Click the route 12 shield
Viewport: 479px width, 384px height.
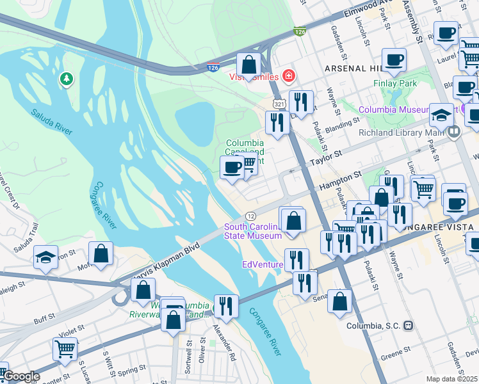(251, 216)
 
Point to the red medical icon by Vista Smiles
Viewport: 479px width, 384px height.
(289, 77)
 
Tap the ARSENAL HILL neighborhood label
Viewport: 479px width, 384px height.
(353, 68)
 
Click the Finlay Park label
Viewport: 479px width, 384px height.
(395, 84)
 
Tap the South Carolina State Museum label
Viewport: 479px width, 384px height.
(252, 231)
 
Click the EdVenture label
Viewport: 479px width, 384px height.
(262, 264)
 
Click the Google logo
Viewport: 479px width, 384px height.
(21, 376)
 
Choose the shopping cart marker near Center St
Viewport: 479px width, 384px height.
(65, 349)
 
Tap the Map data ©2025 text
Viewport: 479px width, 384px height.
(451, 379)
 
